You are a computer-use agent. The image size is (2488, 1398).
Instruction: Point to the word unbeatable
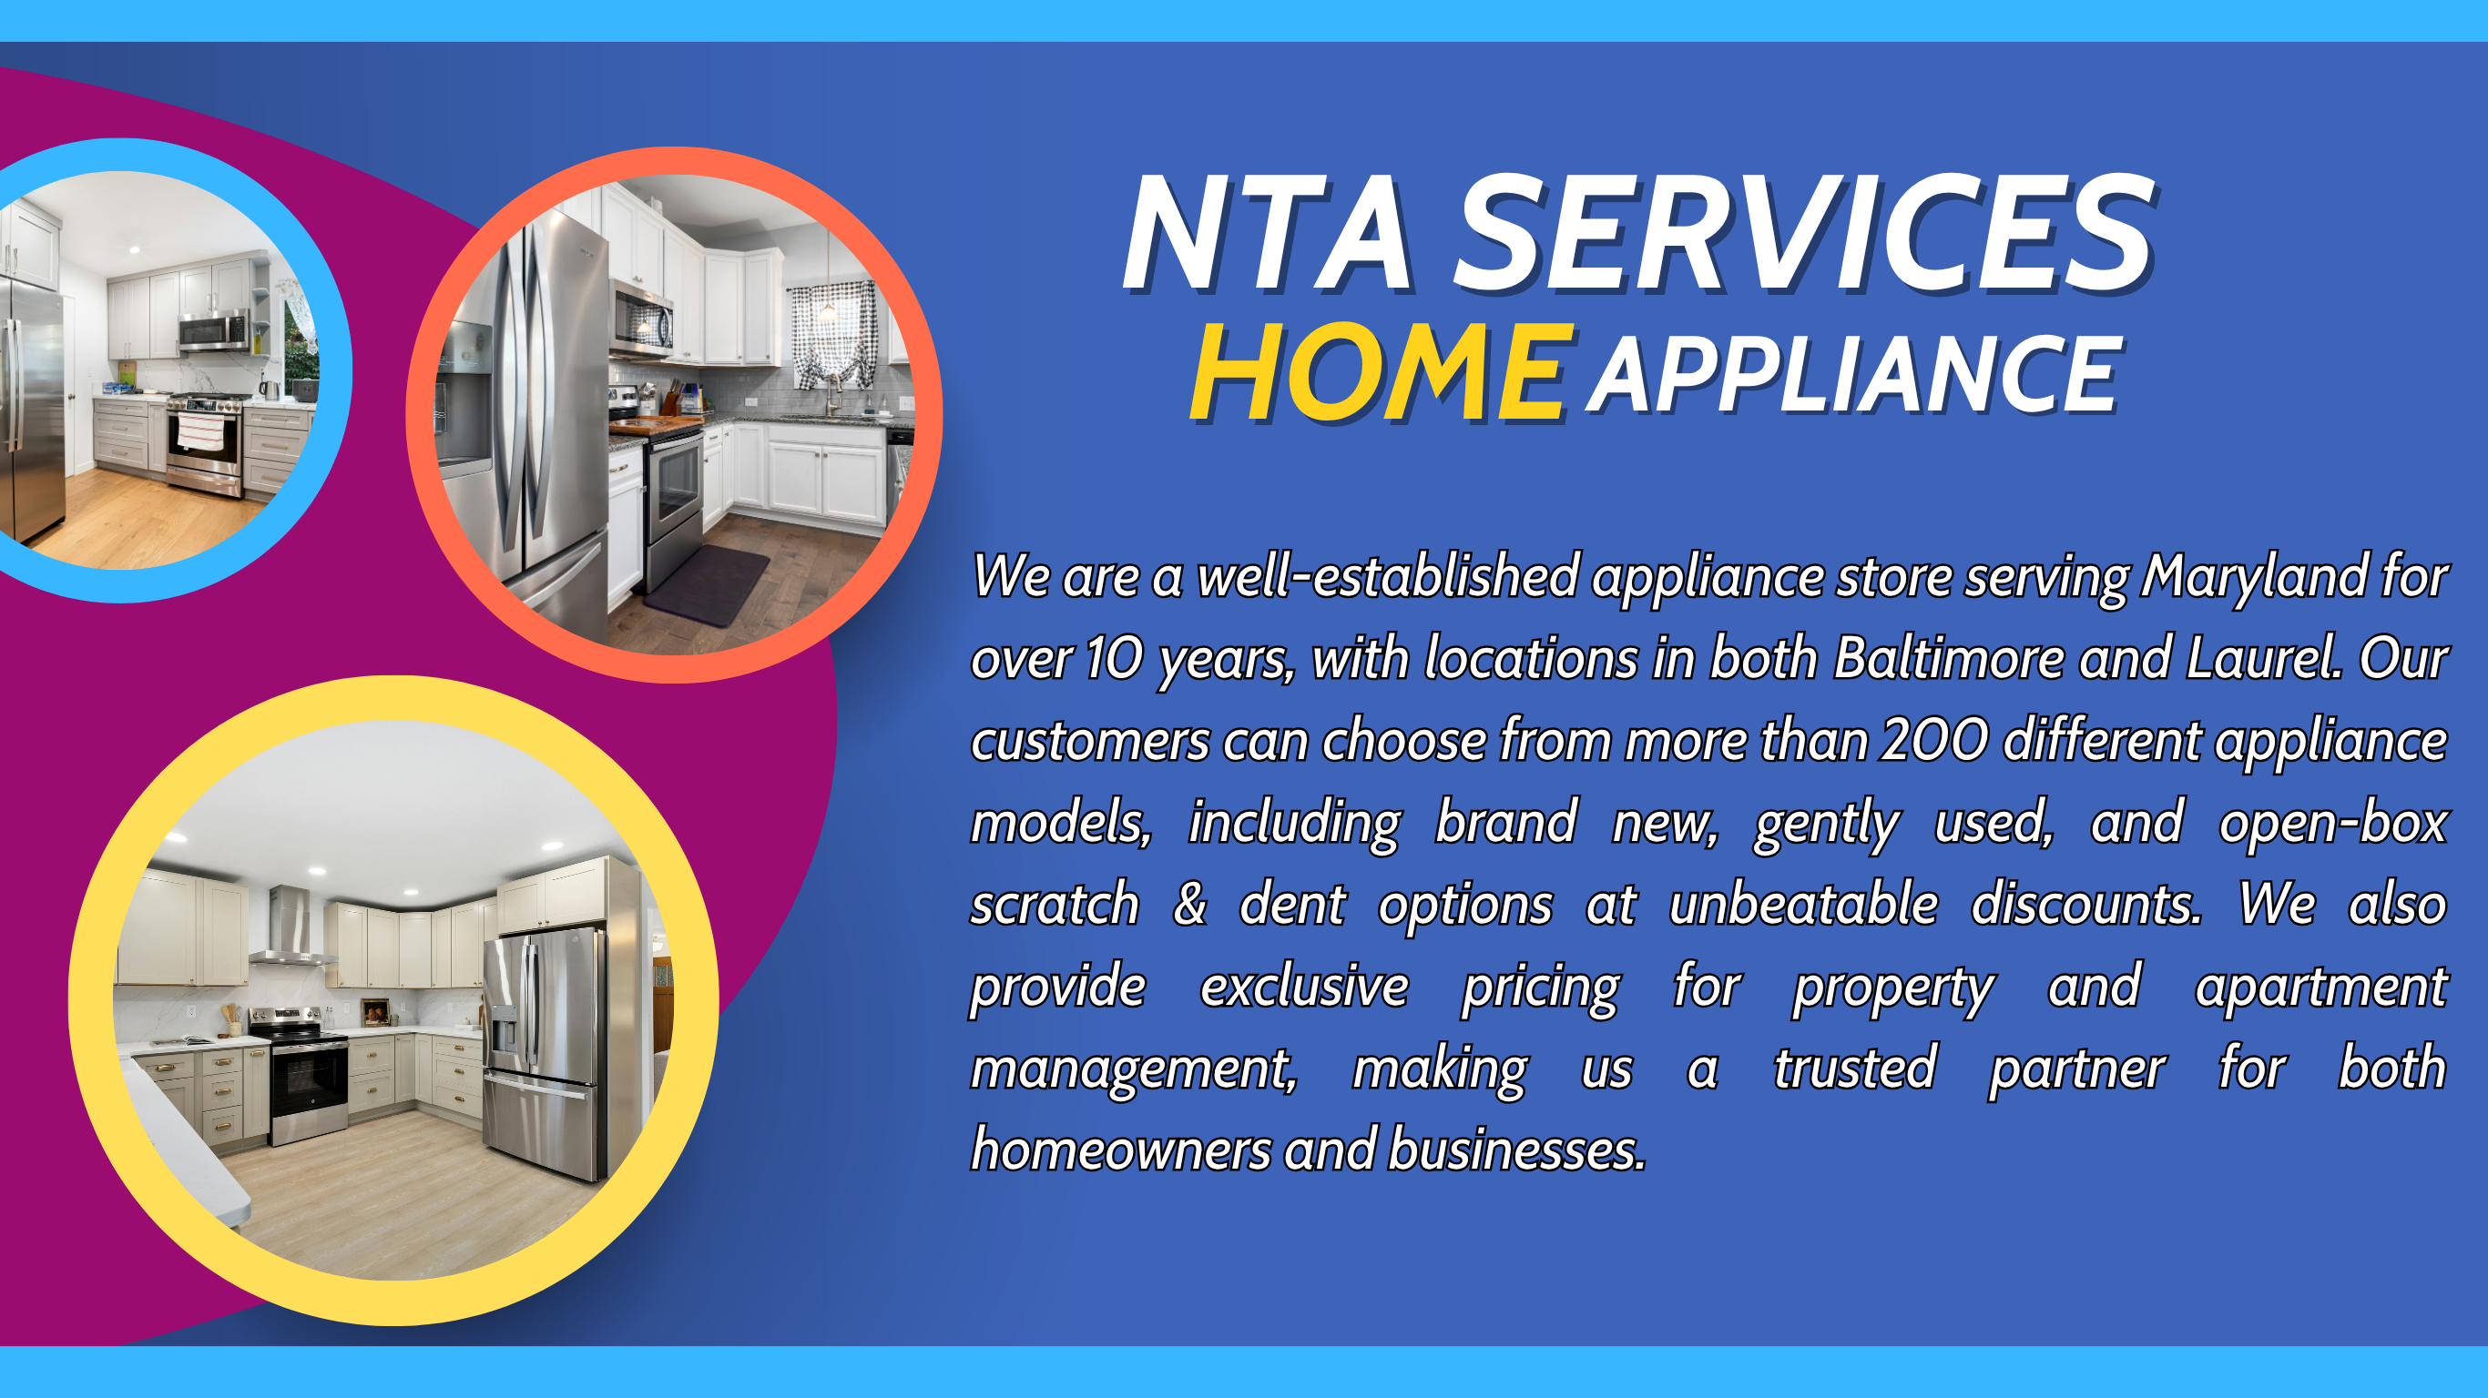click(x=1803, y=906)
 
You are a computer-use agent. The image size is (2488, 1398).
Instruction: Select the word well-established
click(x=1387, y=577)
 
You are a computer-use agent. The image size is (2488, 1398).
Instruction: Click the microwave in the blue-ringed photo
click(x=214, y=330)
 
